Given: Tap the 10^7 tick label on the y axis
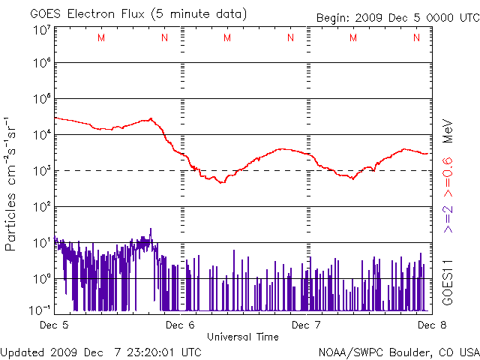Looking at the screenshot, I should [x=41, y=30].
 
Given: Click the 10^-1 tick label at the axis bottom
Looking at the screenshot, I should [x=40, y=310].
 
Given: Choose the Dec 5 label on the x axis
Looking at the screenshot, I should [x=55, y=325].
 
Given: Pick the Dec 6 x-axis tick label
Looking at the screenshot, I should [x=180, y=325].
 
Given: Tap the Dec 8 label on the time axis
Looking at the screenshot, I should [x=428, y=325].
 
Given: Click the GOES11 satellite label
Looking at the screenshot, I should [x=447, y=281].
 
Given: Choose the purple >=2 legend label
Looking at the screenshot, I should [x=447, y=217].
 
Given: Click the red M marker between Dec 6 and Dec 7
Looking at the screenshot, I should [x=227, y=37].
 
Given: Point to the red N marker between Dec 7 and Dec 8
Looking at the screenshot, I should [x=416, y=37].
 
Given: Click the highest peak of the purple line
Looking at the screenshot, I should [x=151, y=229].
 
